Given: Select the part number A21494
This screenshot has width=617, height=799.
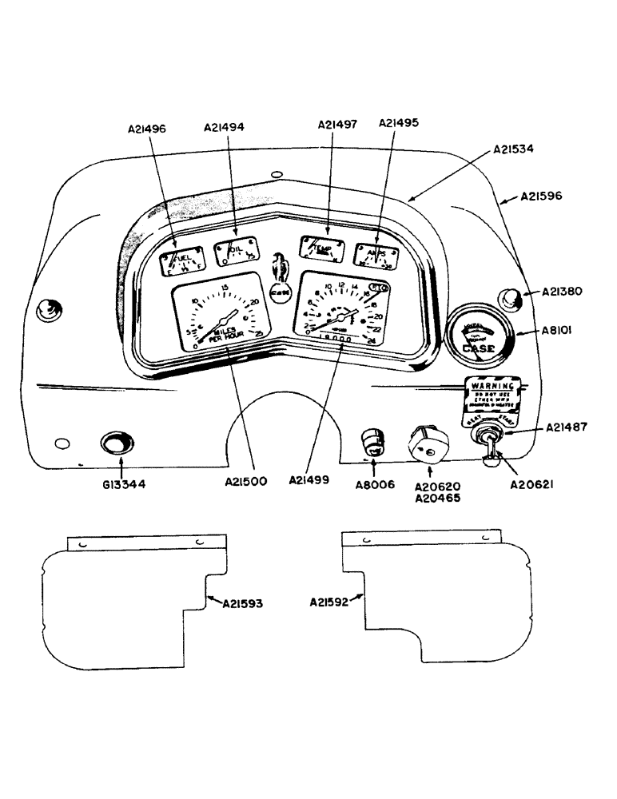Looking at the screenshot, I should [225, 127].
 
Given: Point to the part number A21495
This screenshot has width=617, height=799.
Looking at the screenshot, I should [399, 123].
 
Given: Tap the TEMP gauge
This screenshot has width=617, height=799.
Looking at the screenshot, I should [322, 249].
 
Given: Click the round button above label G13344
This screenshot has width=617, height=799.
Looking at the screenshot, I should [117, 443].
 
